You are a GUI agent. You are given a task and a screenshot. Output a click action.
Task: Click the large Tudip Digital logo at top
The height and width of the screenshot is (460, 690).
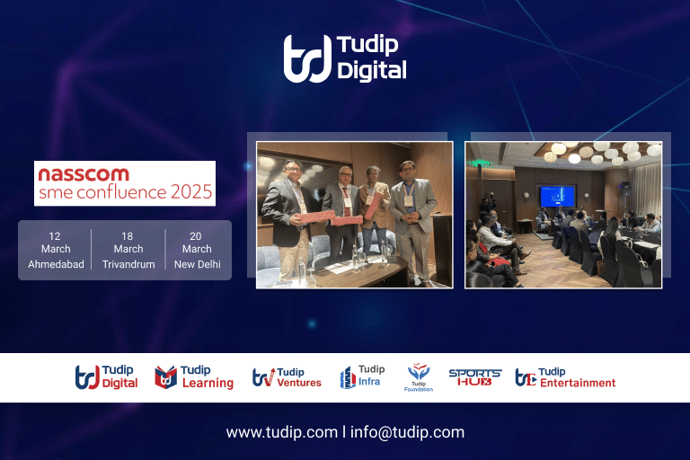pyautogui.click(x=345, y=58)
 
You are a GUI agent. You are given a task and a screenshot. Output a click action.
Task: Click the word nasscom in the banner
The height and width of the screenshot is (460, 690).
pyautogui.click(x=83, y=174)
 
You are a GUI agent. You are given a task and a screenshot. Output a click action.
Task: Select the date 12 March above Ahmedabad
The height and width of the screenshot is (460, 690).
pyautogui.click(x=55, y=243)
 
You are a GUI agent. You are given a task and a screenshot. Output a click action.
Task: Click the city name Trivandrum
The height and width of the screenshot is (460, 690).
pyautogui.click(x=128, y=264)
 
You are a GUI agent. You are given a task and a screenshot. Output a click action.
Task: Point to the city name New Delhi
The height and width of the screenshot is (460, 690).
pyautogui.click(x=197, y=264)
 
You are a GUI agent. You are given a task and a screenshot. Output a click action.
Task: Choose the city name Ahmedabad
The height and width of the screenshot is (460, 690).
pyautogui.click(x=55, y=264)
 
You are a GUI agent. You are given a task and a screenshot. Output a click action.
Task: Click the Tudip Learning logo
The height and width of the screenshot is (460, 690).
pyautogui.click(x=194, y=377)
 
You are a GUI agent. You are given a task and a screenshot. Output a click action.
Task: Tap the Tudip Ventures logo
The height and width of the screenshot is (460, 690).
pyautogui.click(x=287, y=377)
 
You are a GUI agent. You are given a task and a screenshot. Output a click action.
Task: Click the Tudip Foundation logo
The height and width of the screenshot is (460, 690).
pyautogui.click(x=419, y=377)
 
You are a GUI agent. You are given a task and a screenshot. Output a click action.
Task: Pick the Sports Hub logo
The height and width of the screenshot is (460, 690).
pyautogui.click(x=474, y=377)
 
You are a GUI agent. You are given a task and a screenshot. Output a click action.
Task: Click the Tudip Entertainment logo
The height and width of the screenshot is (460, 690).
pyautogui.click(x=565, y=377)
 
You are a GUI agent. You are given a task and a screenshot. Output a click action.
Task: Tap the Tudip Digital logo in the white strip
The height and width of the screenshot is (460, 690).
pyautogui.click(x=106, y=377)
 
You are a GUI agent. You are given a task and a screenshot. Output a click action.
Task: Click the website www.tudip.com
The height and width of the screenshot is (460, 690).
pyautogui.click(x=281, y=432)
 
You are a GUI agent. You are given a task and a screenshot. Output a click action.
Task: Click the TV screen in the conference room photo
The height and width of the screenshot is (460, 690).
pyautogui.click(x=556, y=197)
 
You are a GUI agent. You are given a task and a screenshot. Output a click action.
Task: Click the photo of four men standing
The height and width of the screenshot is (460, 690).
pyautogui.click(x=354, y=214)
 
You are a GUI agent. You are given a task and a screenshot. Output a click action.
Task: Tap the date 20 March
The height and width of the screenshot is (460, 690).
pyautogui.click(x=197, y=243)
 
